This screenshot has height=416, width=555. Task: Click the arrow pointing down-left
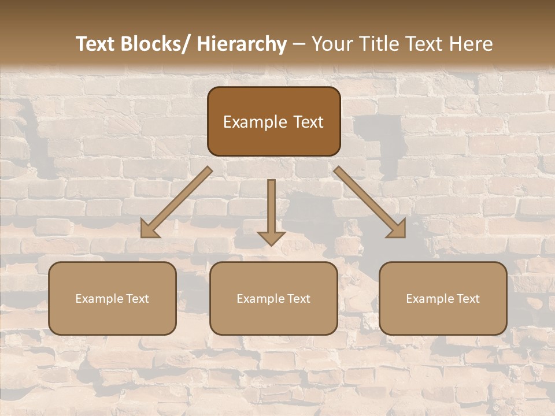[176, 202]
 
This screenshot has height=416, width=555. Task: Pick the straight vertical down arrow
[271, 211]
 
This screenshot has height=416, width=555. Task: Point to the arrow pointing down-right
[370, 202]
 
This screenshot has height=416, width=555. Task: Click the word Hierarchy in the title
[241, 44]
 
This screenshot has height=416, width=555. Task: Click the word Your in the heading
[331, 44]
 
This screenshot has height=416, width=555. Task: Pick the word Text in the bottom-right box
[467, 299]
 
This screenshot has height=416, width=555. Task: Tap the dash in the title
[299, 44]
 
